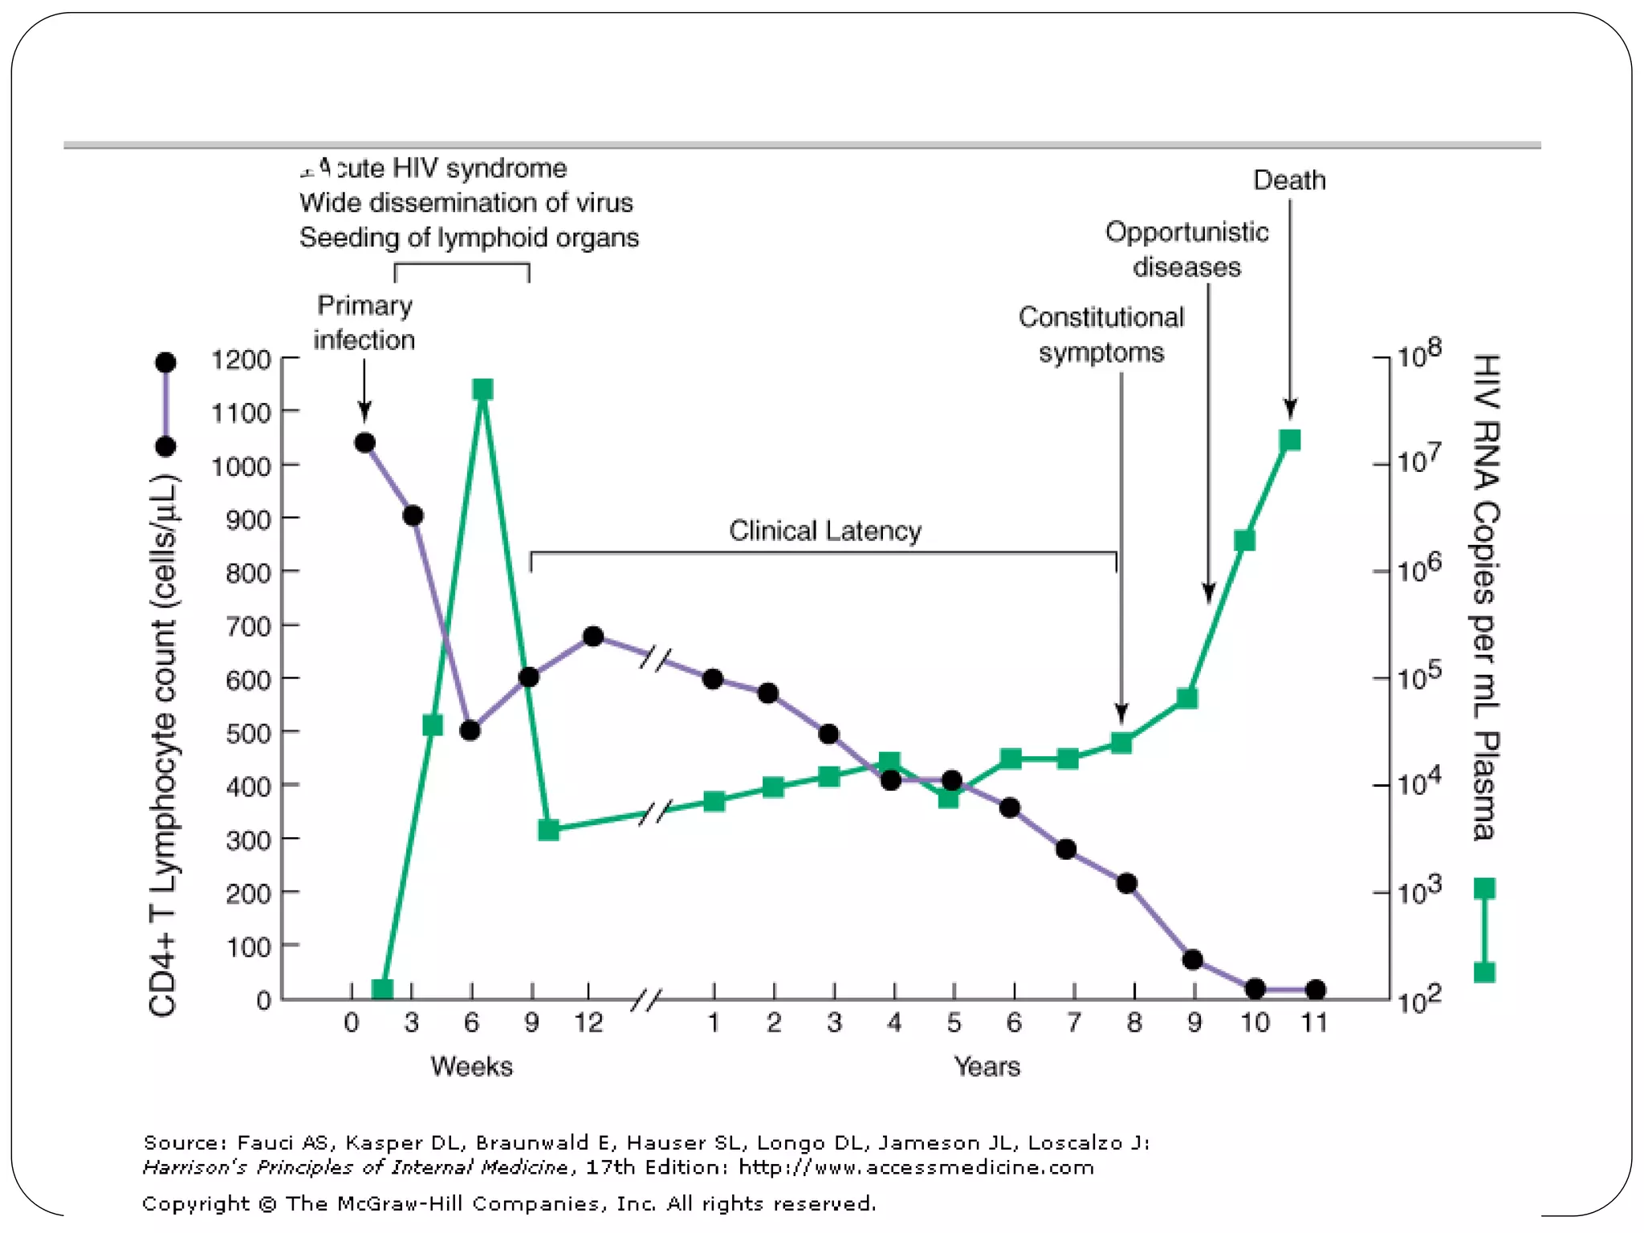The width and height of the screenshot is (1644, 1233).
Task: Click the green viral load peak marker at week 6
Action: coord(482,390)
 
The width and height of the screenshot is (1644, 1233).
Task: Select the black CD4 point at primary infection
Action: coord(364,442)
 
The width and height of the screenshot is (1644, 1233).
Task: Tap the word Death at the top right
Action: coord(1289,180)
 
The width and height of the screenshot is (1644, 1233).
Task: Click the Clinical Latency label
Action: coord(824,531)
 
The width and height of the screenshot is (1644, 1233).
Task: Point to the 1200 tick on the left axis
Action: coord(241,360)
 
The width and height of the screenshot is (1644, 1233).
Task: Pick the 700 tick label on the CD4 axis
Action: coord(248,626)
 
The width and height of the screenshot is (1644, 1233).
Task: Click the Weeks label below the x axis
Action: coord(471,1066)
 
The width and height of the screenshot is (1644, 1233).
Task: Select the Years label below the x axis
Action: coord(987,1066)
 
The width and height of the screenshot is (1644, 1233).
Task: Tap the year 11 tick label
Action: coord(1314,1023)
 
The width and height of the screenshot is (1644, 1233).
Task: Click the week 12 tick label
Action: coord(588,1023)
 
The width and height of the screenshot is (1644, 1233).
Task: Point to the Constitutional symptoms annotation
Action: coord(1101,335)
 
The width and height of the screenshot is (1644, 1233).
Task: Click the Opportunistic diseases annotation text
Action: coord(1186,249)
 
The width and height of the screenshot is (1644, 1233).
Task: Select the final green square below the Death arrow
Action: coord(1290,440)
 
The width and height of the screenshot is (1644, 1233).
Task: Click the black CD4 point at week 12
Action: coord(593,637)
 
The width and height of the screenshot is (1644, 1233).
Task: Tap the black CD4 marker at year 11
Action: coord(1315,990)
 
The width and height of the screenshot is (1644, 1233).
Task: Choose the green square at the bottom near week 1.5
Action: coord(383,989)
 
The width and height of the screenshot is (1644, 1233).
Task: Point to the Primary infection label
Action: coord(364,322)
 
